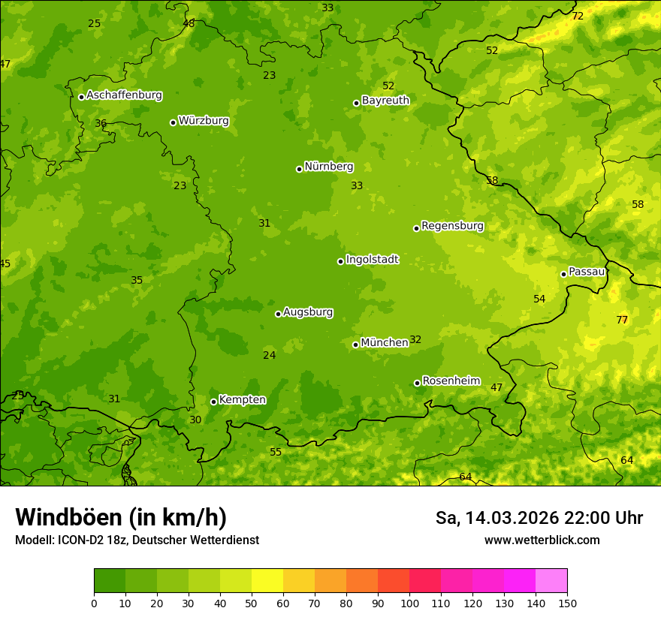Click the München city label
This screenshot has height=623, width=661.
[384, 342]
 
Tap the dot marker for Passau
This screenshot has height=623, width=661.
[563, 274]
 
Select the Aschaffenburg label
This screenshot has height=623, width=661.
[124, 95]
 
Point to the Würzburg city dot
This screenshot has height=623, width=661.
[173, 122]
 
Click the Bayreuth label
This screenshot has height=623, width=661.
[385, 100]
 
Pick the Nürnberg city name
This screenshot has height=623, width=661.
[328, 167]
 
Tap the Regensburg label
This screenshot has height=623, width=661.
[452, 225]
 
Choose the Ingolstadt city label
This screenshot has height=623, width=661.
[372, 260]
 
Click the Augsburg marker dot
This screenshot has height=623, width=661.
[278, 314]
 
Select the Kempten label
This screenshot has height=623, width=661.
[242, 399]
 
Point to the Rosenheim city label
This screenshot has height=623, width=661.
[451, 381]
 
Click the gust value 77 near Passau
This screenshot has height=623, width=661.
[622, 320]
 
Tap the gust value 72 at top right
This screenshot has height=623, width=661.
[577, 16]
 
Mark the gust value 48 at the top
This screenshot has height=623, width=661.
[189, 23]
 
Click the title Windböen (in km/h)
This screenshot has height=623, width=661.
[121, 517]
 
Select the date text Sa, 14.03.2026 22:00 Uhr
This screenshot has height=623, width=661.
[539, 518]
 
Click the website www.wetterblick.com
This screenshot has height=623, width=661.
[542, 540]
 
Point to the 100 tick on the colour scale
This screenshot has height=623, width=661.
[409, 602]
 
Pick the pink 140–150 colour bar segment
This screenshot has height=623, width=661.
[551, 580]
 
